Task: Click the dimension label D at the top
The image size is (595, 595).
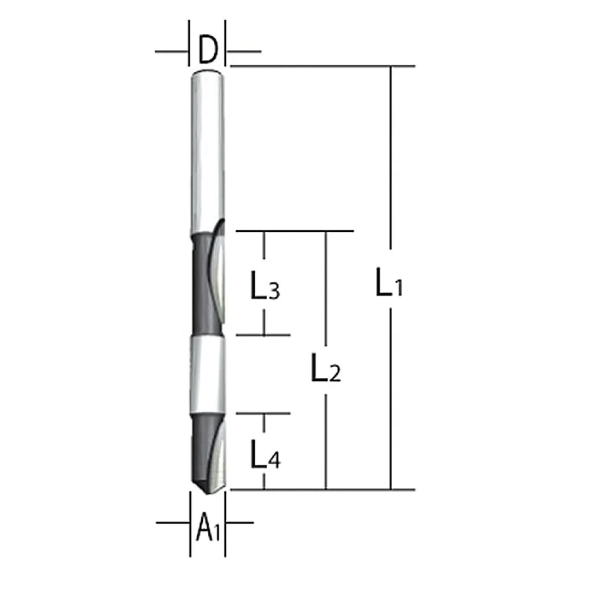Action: [x=206, y=51]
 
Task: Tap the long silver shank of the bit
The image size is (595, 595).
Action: [x=206, y=149]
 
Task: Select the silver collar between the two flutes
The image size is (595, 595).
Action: [x=208, y=375]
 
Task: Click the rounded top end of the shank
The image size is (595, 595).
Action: [x=207, y=73]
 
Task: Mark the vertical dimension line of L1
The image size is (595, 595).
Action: [x=390, y=178]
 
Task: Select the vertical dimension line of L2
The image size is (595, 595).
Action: [x=325, y=286]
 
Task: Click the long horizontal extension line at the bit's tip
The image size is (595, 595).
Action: [x=357, y=490]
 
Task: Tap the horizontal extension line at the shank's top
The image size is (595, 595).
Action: [x=321, y=65]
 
